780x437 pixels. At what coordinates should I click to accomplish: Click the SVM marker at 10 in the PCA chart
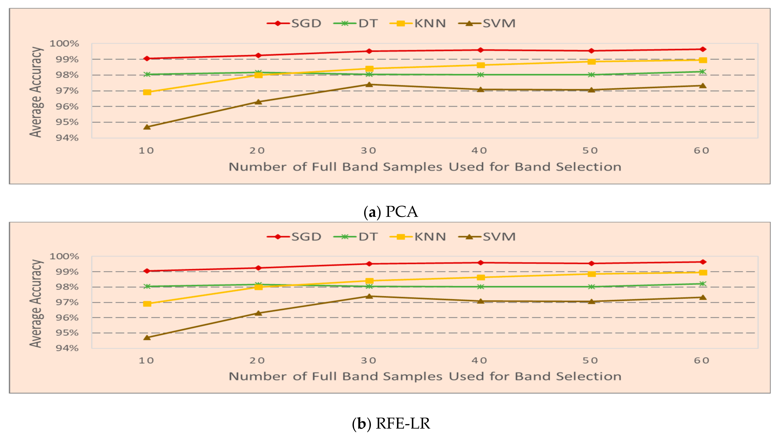(147, 127)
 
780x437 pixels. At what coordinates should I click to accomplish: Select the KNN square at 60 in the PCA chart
(703, 60)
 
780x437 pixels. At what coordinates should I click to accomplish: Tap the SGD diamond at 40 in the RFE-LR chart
(480, 262)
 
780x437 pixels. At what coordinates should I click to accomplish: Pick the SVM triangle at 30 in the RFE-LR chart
(369, 296)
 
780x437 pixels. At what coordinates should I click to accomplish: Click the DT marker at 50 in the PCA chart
(591, 75)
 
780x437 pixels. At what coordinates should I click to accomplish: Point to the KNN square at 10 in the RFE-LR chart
(147, 303)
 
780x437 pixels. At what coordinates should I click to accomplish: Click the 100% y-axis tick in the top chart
(64, 44)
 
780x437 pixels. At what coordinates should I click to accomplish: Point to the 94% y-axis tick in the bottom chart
(67, 348)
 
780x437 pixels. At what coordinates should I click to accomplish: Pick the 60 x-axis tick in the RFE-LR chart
(701, 360)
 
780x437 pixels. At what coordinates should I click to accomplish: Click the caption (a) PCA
(391, 212)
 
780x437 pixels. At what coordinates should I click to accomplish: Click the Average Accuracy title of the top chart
(36, 92)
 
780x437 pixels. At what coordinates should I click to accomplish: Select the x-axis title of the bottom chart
(425, 376)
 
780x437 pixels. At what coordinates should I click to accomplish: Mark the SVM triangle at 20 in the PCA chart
(258, 102)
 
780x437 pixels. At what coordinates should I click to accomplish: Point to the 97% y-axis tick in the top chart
(67, 91)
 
